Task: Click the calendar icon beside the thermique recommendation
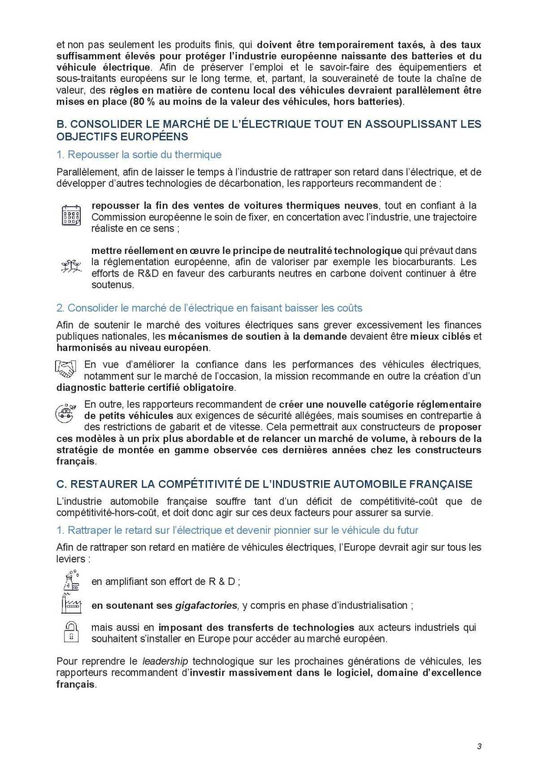(71, 215)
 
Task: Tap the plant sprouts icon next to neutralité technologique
(71, 266)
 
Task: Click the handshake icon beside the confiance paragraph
(66, 369)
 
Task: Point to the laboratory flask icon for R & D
(71, 580)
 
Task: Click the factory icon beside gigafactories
(71, 604)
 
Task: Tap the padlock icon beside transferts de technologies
(71, 631)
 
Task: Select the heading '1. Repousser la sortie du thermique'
(139, 155)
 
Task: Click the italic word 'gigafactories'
(206, 605)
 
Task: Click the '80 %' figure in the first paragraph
(143, 102)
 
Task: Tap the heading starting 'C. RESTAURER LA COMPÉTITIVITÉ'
(265, 484)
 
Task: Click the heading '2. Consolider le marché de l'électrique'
(209, 308)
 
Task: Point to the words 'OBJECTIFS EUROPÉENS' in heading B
(122, 136)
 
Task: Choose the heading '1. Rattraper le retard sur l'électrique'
(237, 530)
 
